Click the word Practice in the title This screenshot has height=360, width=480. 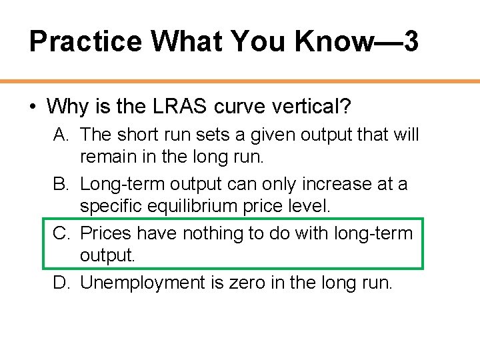coord(86,41)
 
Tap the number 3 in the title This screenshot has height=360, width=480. coord(411,41)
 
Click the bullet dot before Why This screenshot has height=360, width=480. coord(33,106)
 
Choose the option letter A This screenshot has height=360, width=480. coord(61,135)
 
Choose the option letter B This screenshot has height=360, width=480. coord(61,184)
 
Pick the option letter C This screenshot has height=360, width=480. coord(61,233)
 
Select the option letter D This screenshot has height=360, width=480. coord(61,283)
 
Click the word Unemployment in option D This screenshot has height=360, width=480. coord(141,283)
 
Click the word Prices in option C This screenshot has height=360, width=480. coord(106,233)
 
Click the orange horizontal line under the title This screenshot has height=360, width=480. coord(240,81)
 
